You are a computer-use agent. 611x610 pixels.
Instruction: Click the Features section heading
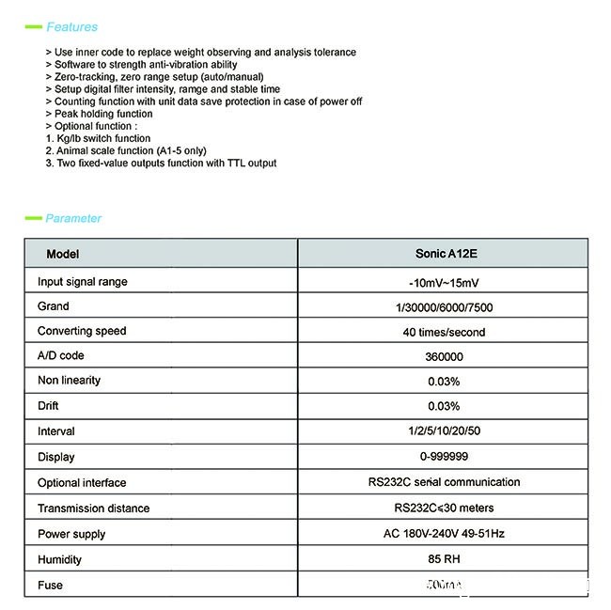click(x=71, y=27)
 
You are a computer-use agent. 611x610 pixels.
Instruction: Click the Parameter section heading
click(x=73, y=218)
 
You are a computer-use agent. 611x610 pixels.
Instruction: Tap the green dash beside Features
click(x=32, y=27)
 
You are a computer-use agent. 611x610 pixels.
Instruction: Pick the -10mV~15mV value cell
click(x=444, y=282)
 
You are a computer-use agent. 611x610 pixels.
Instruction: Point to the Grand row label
click(x=54, y=306)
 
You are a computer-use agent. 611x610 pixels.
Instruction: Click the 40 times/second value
click(x=444, y=332)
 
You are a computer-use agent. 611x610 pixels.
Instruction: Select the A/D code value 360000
click(x=444, y=357)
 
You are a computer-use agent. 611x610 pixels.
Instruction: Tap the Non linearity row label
click(x=69, y=381)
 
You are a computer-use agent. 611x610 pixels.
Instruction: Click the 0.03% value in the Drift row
click(x=444, y=406)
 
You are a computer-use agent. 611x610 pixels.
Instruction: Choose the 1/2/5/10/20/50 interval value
click(x=444, y=431)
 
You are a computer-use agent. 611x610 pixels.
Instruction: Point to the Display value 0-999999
click(x=444, y=457)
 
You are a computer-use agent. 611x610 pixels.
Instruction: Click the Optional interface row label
click(x=82, y=483)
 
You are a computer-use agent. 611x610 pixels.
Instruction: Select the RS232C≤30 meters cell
click(x=444, y=508)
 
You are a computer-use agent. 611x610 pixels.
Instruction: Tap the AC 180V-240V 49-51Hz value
click(x=444, y=534)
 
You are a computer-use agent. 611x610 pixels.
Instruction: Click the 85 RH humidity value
click(x=444, y=559)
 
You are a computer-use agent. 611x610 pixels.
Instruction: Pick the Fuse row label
click(x=50, y=585)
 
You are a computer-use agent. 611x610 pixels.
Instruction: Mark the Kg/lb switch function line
click(x=98, y=138)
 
